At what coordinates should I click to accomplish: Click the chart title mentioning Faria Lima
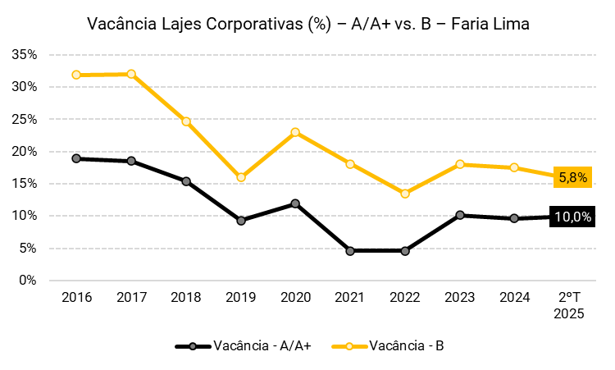307,25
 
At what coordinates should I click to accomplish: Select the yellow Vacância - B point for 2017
131,74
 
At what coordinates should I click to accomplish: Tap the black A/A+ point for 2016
76,158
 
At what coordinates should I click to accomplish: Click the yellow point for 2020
295,132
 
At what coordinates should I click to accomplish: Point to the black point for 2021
350,251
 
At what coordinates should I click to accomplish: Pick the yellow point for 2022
405,194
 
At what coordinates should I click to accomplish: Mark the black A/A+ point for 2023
460,215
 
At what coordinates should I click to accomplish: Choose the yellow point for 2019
241,177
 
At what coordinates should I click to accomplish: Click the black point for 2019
241,221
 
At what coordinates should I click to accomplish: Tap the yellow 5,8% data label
573,176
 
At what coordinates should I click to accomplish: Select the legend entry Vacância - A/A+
244,346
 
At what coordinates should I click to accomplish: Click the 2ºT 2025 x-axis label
569,306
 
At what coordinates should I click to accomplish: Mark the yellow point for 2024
514,167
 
